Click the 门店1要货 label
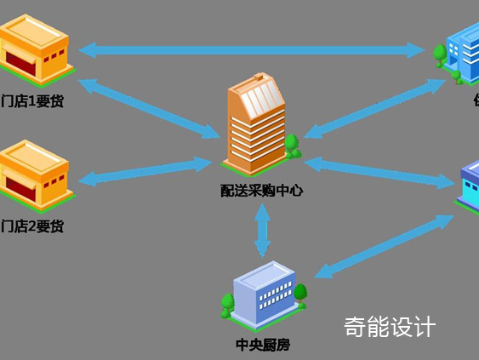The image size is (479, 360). click(x=32, y=102)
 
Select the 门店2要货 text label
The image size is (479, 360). click(x=32, y=226)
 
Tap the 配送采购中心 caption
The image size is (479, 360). click(x=260, y=191)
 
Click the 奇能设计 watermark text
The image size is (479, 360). click(x=390, y=326)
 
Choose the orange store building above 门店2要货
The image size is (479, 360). click(x=35, y=174)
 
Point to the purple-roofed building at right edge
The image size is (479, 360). click(x=469, y=187)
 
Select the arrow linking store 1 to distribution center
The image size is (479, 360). click(x=150, y=108)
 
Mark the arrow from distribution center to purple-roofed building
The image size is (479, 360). click(x=379, y=171)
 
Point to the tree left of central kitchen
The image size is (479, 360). click(x=227, y=304)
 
